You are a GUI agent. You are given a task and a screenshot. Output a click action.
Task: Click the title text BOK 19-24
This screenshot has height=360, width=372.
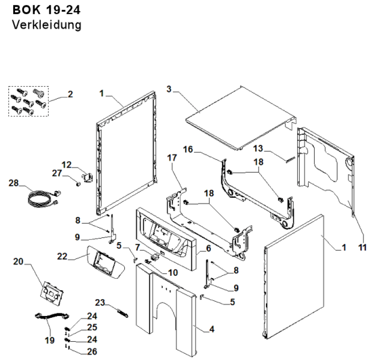point(46,10)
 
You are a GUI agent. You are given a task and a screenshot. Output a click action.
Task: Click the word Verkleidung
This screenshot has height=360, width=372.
point(46,25)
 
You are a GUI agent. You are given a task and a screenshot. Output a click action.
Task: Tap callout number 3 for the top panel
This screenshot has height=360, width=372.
point(169,89)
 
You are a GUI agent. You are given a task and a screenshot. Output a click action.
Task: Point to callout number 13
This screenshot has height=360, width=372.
point(258,149)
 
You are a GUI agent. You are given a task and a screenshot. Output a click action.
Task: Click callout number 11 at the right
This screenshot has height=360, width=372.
point(363,248)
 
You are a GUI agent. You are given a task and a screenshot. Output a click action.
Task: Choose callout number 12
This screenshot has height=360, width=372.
point(67,164)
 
